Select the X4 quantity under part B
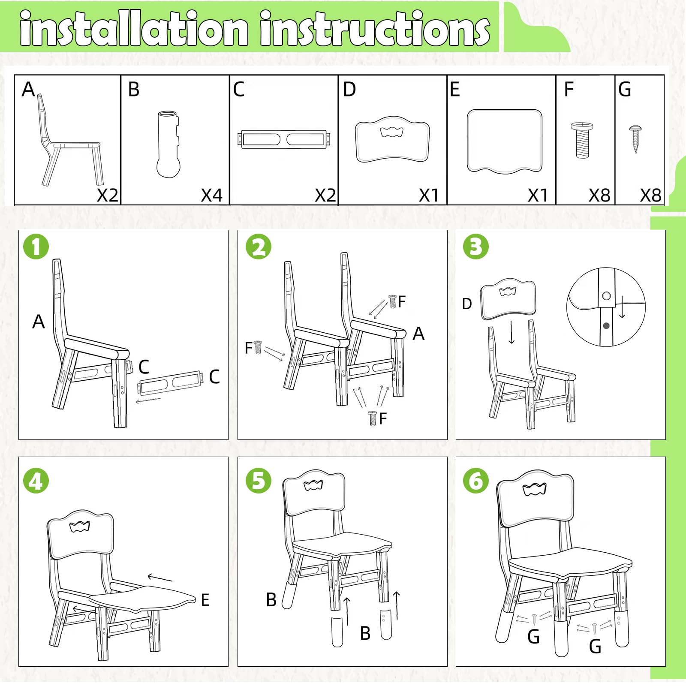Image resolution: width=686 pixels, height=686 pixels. tap(212, 196)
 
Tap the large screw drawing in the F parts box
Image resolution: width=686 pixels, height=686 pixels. tap(582, 140)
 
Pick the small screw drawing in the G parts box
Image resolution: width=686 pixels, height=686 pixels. tap(635, 139)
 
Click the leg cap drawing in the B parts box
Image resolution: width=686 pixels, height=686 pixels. tap(168, 144)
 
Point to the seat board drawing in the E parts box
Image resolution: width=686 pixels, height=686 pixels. tap(505, 141)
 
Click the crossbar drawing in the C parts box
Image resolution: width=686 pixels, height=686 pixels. tap(284, 139)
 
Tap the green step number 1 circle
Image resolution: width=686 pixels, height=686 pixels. tap(36, 247)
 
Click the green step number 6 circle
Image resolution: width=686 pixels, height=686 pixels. tap(476, 481)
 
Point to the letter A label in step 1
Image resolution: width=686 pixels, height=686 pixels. tap(39, 322)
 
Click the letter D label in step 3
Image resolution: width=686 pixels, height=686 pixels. tap(467, 304)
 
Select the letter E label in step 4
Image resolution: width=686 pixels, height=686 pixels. tap(205, 600)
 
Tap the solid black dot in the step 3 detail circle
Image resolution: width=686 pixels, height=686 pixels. tap(606, 326)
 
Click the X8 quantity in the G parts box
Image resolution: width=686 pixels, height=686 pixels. tap(650, 196)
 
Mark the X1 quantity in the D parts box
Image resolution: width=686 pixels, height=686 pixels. tap(429, 196)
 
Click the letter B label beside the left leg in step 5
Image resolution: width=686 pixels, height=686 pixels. tap(271, 600)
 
